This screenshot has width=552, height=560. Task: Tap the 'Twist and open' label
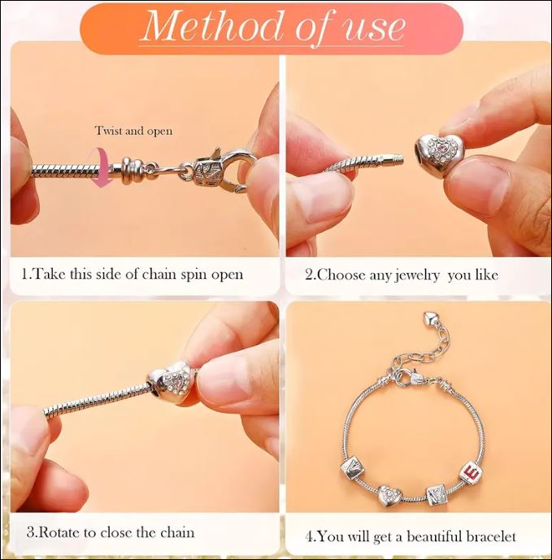point(133,131)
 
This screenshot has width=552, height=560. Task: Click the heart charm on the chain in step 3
point(171,382)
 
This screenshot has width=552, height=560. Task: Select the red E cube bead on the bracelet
point(470,474)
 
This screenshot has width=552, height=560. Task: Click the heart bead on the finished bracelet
point(389,495)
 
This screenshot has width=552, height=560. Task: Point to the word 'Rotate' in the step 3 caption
point(58,532)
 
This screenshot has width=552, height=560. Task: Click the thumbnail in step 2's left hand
point(328,199)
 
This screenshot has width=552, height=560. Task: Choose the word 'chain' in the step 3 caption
point(177,532)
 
